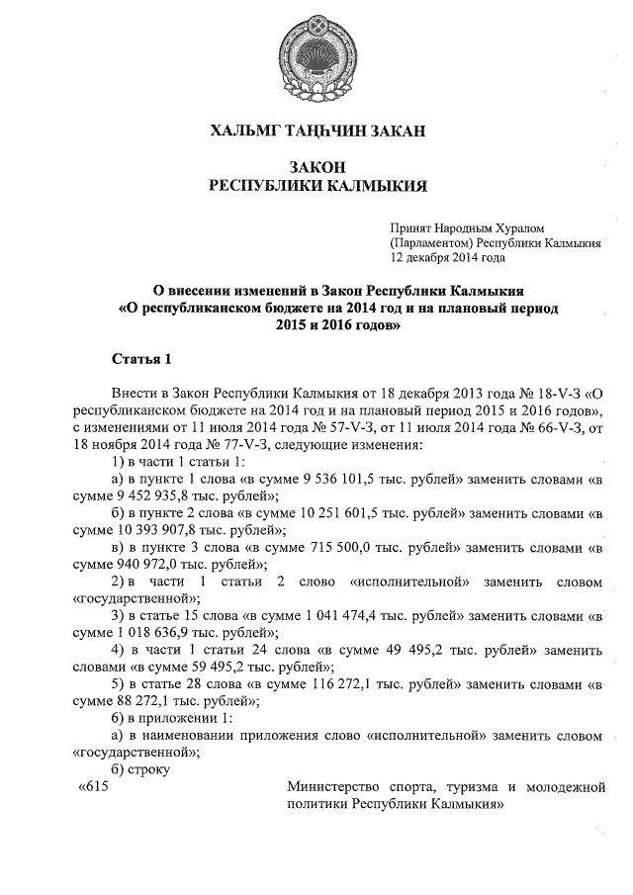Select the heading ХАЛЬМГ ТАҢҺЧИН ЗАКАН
click(x=316, y=131)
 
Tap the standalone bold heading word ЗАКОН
click(x=316, y=168)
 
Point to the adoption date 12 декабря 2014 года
click(x=448, y=257)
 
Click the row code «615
click(x=91, y=786)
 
